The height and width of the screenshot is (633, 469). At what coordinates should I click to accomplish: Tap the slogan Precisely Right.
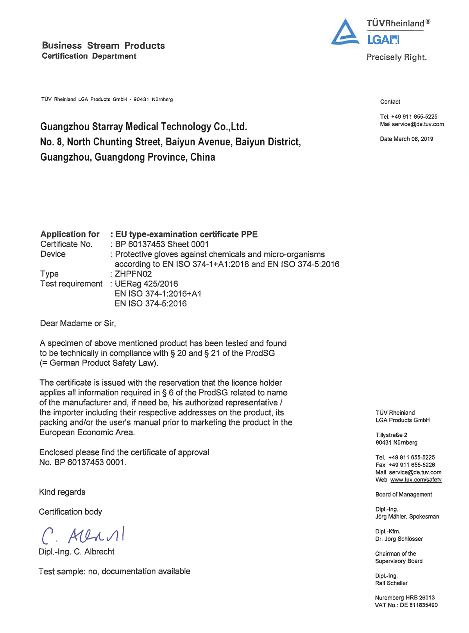pyautogui.click(x=396, y=57)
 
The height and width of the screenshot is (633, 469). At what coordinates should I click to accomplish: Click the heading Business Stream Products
pyautogui.click(x=103, y=46)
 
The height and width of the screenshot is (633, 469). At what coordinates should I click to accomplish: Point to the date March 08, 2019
pyautogui.click(x=406, y=139)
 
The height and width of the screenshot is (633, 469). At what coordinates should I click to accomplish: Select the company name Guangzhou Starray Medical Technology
pyautogui.click(x=143, y=127)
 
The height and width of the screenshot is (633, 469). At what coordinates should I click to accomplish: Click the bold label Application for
pyautogui.click(x=70, y=234)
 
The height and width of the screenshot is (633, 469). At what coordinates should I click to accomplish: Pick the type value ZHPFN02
pyautogui.click(x=133, y=274)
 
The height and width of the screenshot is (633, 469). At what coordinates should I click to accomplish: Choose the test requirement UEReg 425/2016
pyautogui.click(x=147, y=284)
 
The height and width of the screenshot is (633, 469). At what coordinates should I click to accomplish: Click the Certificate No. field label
pyautogui.click(x=66, y=244)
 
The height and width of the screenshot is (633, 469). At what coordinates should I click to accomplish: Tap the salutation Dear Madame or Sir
pyautogui.click(x=78, y=324)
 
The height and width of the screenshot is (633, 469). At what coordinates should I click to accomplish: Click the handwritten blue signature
pyautogui.click(x=83, y=535)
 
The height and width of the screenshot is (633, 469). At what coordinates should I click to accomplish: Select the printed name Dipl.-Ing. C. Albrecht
pyautogui.click(x=77, y=552)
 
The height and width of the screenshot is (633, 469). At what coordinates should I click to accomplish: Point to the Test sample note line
pyautogui.click(x=114, y=571)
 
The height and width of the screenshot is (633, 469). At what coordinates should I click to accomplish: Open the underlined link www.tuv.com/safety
pyautogui.click(x=416, y=480)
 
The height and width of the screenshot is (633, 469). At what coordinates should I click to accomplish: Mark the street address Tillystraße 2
pyautogui.click(x=392, y=435)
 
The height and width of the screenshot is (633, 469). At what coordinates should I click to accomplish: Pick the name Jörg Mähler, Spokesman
pyautogui.click(x=407, y=517)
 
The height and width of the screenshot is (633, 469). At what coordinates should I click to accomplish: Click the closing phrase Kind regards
pyautogui.click(x=62, y=492)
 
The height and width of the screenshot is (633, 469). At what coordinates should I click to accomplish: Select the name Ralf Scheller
pyautogui.click(x=391, y=583)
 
